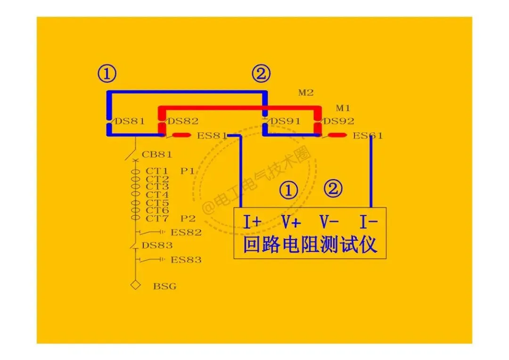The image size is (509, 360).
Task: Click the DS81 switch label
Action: pos(130,121)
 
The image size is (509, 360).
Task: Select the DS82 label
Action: pos(183,121)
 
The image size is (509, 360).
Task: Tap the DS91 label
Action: pos(285,121)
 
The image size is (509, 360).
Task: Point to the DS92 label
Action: pos(338,121)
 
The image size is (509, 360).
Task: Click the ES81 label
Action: pos(212,136)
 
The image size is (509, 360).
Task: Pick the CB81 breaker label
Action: pos(157,155)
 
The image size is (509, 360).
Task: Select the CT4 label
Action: pos(157,195)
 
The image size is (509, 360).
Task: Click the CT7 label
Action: pos(157,219)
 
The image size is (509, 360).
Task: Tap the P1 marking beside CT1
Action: pos(187,171)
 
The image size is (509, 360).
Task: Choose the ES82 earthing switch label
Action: pos(186,232)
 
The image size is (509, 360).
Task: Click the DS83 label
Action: pos(157,245)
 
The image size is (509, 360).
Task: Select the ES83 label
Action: pos(186,260)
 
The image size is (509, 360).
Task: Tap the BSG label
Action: pos(164,286)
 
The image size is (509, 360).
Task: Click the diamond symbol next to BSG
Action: pos(136,285)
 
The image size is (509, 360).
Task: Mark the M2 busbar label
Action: pos(305,93)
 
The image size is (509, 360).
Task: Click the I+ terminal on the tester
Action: pos(252,221)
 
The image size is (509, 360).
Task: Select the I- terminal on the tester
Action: pos(369,221)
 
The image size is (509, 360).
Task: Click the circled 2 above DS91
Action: pos(261,74)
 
